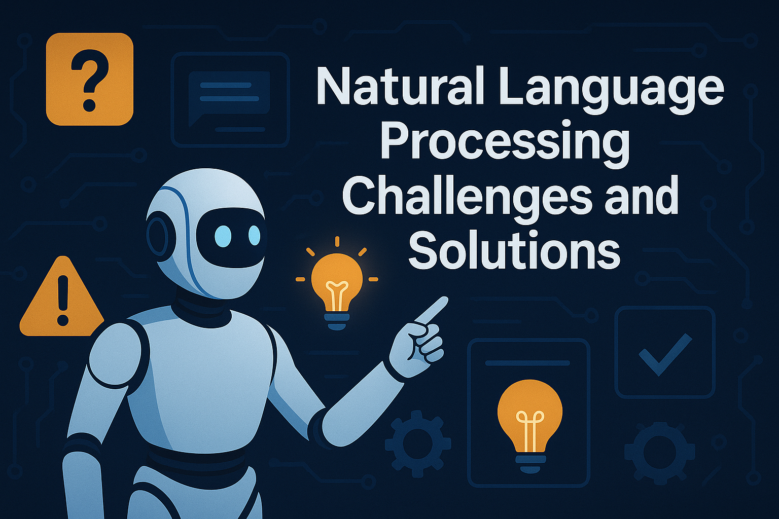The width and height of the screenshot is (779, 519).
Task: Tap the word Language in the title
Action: coord(611,87)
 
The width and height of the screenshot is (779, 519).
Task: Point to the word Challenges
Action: coord(467,198)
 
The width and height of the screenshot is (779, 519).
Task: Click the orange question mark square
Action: coord(90,79)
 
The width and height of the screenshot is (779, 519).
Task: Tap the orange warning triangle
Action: coord(62,299)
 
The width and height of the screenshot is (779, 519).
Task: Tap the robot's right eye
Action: coord(254,236)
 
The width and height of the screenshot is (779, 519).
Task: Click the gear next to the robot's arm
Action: coord(417,444)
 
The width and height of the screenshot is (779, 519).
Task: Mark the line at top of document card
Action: coord(527,363)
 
